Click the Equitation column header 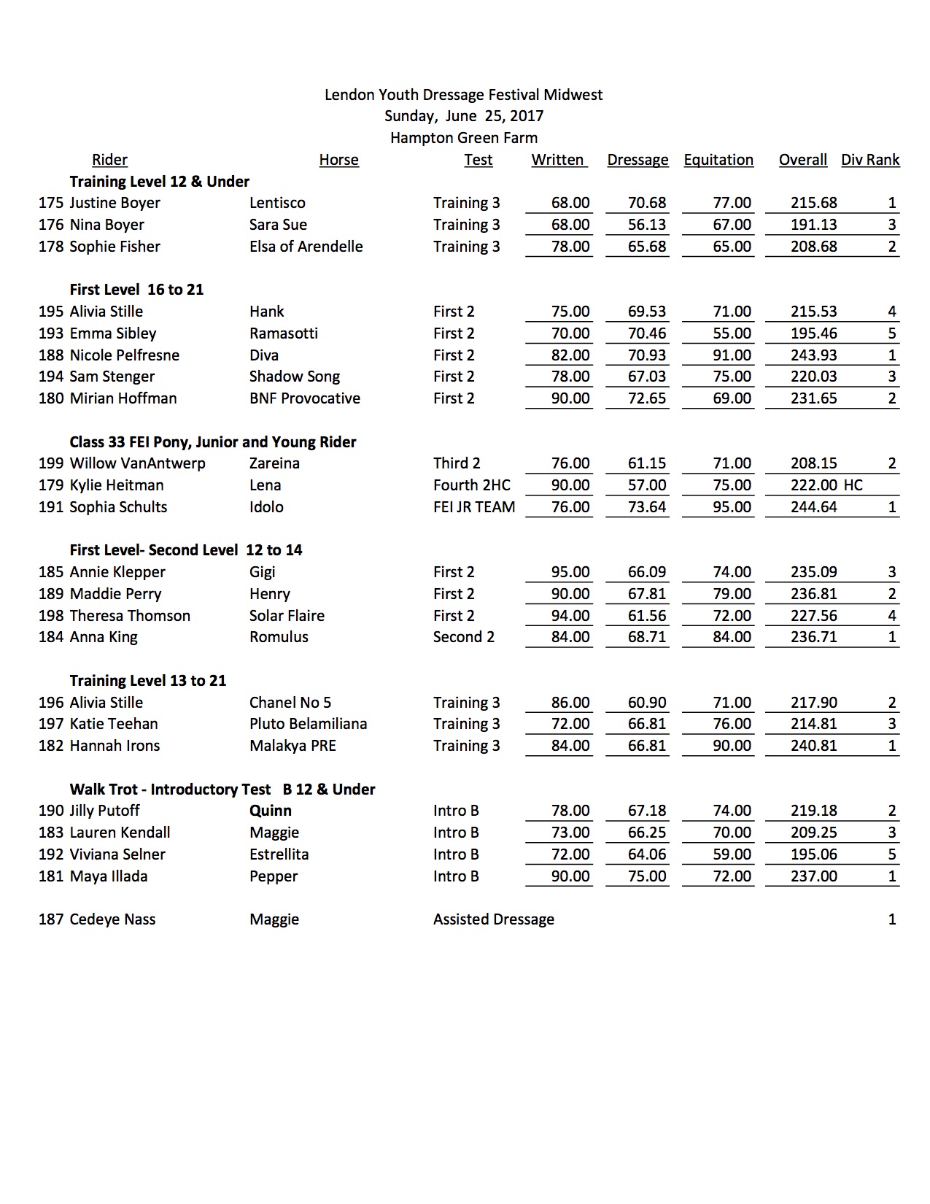click(x=718, y=160)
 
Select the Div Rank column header click(x=870, y=160)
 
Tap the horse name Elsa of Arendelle click(x=306, y=247)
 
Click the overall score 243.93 click(x=814, y=355)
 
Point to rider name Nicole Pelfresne click(x=124, y=355)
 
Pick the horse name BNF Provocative click(x=304, y=398)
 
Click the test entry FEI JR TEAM click(x=474, y=507)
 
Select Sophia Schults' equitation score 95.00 click(x=732, y=507)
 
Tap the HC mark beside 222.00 click(x=853, y=485)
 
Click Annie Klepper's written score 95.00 click(x=570, y=572)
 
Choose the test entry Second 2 click(x=464, y=637)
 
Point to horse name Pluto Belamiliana click(x=308, y=724)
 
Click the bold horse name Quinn click(x=270, y=811)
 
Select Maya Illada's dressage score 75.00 click(x=647, y=876)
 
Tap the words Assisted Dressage click(x=494, y=919)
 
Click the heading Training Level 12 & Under click(x=160, y=182)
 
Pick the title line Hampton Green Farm click(x=464, y=138)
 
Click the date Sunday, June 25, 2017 click(x=464, y=116)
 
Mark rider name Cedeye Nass click(x=112, y=919)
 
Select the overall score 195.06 click(x=814, y=854)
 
